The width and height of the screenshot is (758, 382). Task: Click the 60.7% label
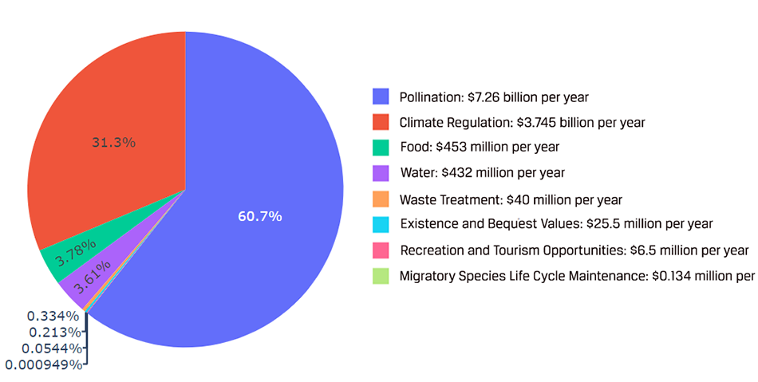(259, 216)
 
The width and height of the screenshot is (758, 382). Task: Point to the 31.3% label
(113, 143)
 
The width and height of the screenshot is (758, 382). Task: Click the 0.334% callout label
(52, 316)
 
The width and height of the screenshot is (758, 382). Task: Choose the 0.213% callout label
(52, 332)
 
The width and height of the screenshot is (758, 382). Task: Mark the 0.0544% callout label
(49, 349)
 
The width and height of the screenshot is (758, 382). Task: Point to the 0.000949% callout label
(43, 364)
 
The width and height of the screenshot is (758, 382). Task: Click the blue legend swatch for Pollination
(381, 97)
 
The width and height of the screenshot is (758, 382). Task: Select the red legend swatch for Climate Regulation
(381, 123)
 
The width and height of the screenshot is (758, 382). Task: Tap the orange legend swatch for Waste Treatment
(381, 199)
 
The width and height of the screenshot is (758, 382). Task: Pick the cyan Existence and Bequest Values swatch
(381, 224)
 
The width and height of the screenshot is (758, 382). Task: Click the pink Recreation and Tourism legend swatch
(381, 250)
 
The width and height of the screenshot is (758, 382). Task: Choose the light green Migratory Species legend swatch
(381, 276)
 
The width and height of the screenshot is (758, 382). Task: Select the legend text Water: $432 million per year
(481, 173)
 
